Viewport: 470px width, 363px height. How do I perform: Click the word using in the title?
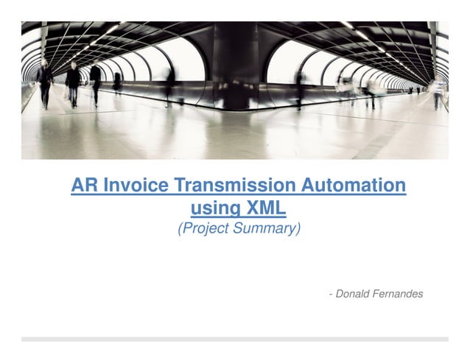tap(211, 208)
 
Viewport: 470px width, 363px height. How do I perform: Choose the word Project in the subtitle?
tap(206, 229)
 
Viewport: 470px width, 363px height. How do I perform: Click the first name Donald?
tap(356, 294)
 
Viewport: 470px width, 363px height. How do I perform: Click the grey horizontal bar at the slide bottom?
tap(235, 339)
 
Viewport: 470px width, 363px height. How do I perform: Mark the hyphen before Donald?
tap(331, 294)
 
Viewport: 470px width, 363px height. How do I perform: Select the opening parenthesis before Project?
tap(180, 229)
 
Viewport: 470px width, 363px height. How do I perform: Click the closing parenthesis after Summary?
tap(299, 229)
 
